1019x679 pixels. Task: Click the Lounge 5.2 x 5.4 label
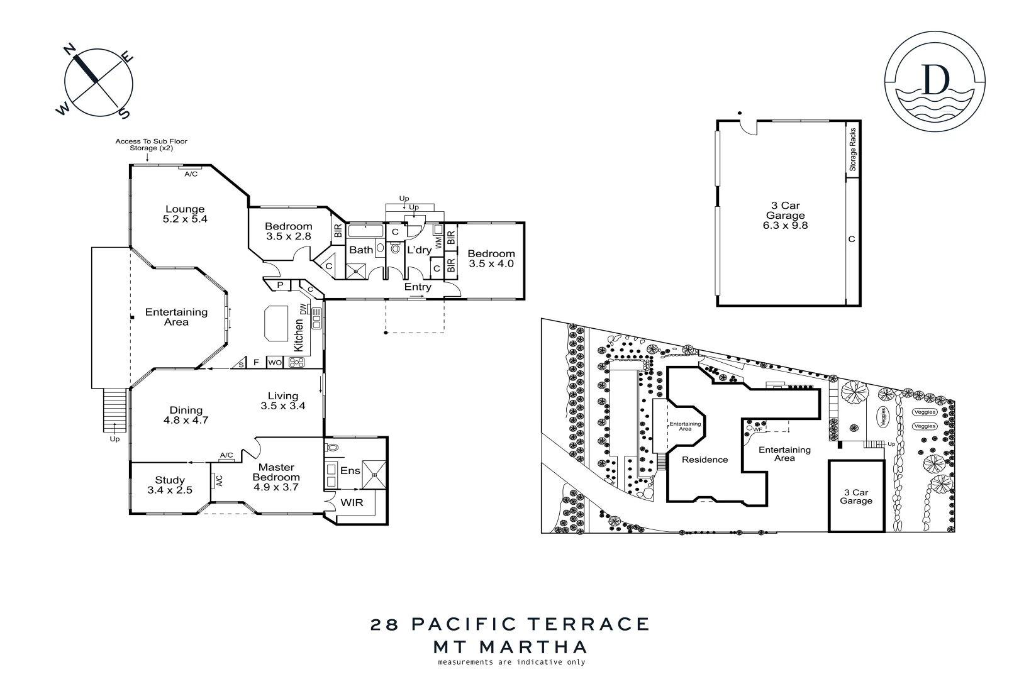(x=185, y=214)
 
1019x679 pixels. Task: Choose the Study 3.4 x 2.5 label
(x=170, y=485)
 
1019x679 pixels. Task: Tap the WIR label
(x=352, y=503)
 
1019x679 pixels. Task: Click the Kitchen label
(x=299, y=334)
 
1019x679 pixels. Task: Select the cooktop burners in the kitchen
(x=296, y=363)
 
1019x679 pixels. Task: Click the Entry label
(x=418, y=287)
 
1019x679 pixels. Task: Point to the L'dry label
(x=419, y=250)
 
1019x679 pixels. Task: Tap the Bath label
(x=361, y=250)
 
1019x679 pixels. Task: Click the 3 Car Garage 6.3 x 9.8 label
(x=785, y=215)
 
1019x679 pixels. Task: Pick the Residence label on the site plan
(x=704, y=460)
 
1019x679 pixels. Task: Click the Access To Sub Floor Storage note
(x=151, y=145)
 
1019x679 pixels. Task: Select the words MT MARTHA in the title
(x=510, y=646)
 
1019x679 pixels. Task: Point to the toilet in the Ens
(x=332, y=448)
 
